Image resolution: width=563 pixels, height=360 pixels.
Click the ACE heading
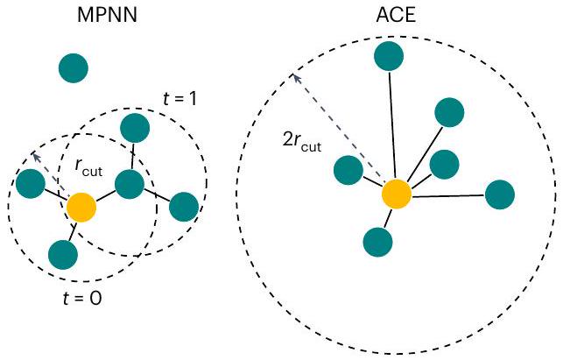[393, 17]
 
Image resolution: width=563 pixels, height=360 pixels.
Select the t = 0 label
[82, 298]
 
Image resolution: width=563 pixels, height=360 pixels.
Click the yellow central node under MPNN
[82, 208]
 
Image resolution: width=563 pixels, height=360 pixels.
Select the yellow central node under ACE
[396, 194]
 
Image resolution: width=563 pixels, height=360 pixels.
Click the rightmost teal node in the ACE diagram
[499, 194]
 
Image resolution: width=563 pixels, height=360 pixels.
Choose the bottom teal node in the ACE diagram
[377, 240]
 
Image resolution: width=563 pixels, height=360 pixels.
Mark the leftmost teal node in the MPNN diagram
[31, 183]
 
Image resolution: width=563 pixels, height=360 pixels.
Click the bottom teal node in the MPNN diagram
[63, 253]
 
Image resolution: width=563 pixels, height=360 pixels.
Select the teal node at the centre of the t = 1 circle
[130, 184]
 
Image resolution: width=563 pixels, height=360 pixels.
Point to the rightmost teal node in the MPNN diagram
[183, 206]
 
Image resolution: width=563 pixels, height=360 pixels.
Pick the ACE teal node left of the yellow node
[348, 170]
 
